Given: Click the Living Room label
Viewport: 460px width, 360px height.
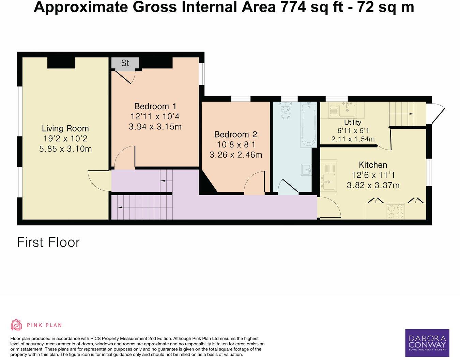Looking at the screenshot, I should (65, 128).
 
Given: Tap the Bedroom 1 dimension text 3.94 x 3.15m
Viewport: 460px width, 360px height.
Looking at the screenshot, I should (155, 127).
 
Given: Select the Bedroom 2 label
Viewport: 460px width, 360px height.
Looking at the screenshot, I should (235, 135).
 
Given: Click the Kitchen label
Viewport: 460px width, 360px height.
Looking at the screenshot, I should (373, 165).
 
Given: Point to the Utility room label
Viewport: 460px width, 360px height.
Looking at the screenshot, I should (352, 122).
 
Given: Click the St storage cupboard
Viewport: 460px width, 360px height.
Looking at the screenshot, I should (125, 63).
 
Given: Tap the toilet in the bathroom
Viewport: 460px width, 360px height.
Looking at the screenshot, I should (285, 110).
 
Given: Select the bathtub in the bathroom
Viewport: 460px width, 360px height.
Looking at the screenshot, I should (308, 125).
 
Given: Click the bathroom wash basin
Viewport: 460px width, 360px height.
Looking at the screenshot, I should (307, 169).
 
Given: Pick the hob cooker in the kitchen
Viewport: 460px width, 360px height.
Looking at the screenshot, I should (396, 211).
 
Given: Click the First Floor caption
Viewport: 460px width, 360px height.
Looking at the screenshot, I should (48, 242).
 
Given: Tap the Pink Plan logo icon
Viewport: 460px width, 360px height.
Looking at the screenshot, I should (16, 325).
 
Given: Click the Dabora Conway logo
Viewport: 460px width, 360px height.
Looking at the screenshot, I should (427, 343).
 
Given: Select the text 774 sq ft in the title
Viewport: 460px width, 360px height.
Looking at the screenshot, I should (312, 7).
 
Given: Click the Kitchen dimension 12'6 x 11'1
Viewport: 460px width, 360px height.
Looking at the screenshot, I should (373, 175).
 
